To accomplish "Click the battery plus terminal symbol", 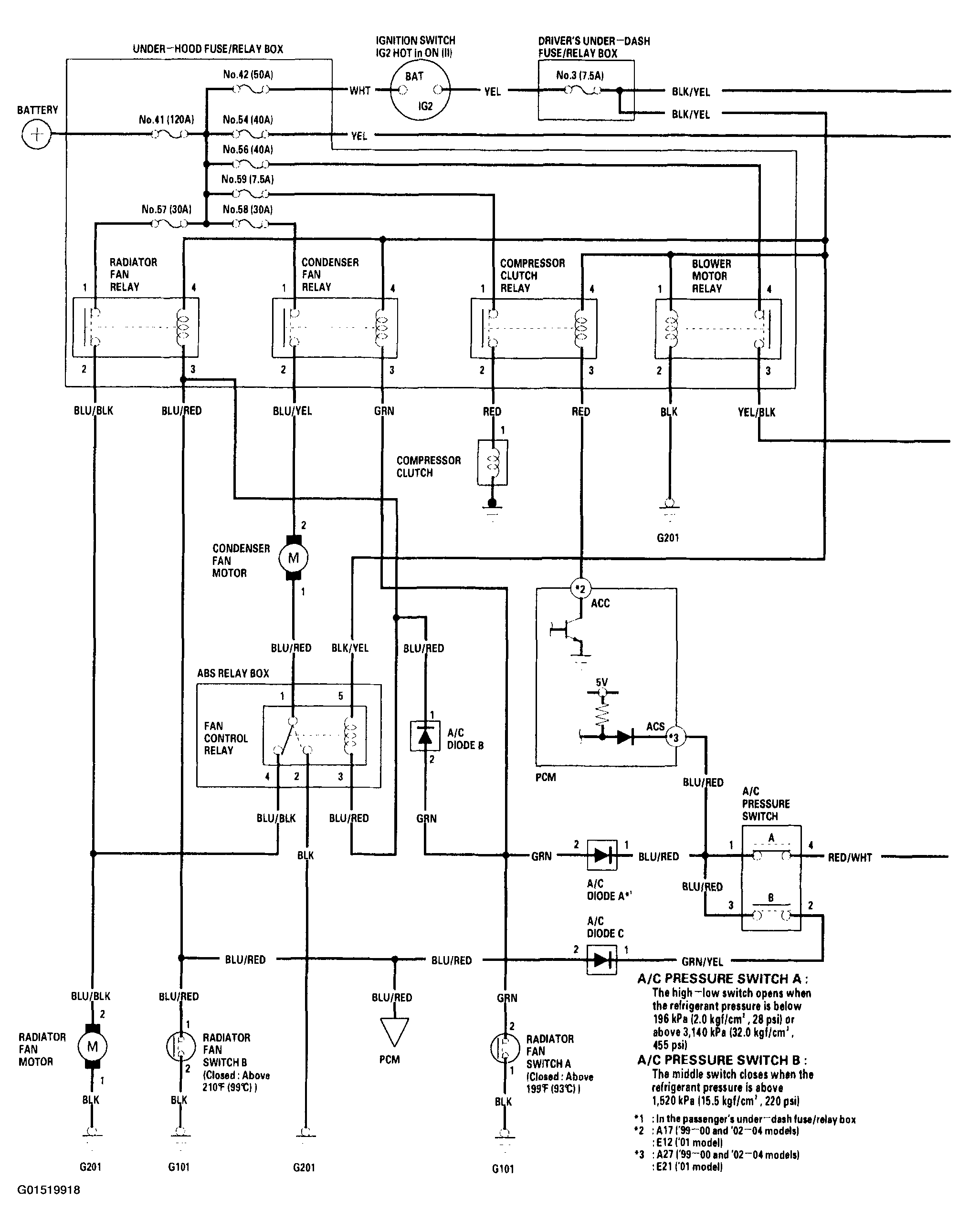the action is [37, 135].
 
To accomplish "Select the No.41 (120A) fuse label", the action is [166, 120].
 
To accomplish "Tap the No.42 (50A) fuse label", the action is [248, 74].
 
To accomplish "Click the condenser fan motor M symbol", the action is [293, 558].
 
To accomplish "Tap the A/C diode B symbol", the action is [425, 736].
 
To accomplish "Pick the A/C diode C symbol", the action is [601, 959].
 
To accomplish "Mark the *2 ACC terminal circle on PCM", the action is [580, 589].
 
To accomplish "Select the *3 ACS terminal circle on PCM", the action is [674, 737].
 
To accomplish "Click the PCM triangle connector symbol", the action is [393, 1032].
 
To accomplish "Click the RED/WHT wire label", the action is [849, 857].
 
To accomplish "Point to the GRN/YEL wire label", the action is [702, 962].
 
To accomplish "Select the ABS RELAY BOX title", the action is [232, 673].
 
